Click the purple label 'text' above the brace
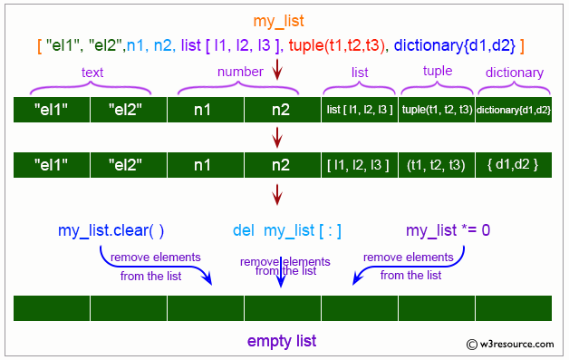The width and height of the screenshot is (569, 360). pos(91,73)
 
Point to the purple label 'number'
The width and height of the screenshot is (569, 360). pos(238,72)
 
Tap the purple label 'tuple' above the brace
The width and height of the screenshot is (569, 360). pos(437,72)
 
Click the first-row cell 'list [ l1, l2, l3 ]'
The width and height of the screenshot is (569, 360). pos(359,111)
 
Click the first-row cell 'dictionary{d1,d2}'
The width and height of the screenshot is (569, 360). pos(513,111)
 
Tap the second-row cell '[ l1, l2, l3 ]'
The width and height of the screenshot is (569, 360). pos(359,165)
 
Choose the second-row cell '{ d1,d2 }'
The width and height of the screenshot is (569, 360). pos(513,165)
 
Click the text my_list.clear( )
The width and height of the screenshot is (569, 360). pos(114,230)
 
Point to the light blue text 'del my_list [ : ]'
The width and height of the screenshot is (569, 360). pos(286,230)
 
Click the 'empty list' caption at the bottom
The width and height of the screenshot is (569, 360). pos(282,341)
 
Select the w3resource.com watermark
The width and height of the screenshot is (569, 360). pos(515,345)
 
